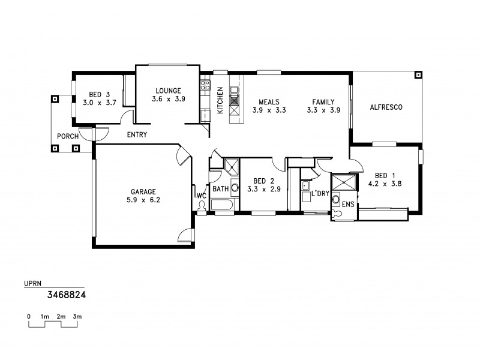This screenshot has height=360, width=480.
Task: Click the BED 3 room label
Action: coord(100,94)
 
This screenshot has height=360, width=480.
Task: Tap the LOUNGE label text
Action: coord(168,91)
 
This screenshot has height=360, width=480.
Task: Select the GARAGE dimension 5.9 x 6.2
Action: coord(143,200)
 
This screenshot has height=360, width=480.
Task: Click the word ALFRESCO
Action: coord(385,107)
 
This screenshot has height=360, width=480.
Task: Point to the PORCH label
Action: coord(68,136)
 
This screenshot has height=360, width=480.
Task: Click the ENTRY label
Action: coord(137,134)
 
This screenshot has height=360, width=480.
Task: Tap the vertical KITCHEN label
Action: coord(220,100)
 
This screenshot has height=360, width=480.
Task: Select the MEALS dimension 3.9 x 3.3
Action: coord(268,110)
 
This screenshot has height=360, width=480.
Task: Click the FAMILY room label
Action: coord(323,102)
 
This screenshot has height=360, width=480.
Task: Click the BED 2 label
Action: coord(263,181)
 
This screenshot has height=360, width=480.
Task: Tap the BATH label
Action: coord(220,189)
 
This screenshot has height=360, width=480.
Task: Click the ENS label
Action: coord(347,205)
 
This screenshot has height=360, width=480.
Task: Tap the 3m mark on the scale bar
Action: coord(77,316)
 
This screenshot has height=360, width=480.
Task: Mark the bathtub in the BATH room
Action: coord(223,205)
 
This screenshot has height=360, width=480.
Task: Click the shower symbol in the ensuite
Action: coord(344,182)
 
